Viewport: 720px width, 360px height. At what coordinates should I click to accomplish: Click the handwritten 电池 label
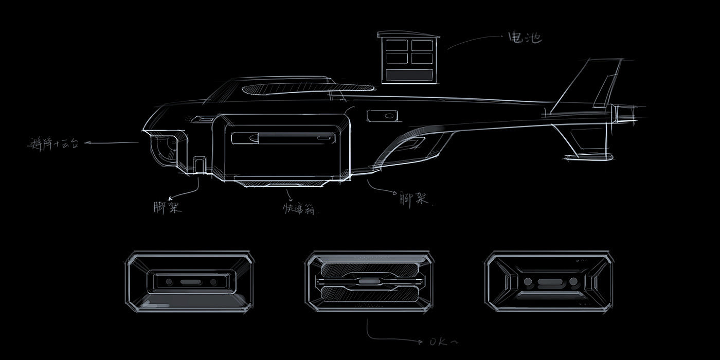(524, 38)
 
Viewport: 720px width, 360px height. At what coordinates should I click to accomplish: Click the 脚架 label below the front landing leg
(168, 208)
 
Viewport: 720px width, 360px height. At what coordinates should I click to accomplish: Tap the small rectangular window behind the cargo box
(383, 116)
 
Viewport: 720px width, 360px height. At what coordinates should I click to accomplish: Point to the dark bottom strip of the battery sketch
(409, 75)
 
